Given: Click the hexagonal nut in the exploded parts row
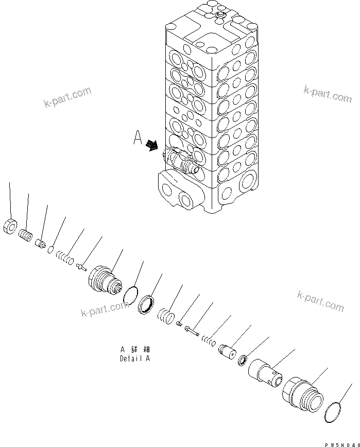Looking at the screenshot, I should tap(10, 226).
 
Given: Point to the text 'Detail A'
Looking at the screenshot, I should tap(135, 358).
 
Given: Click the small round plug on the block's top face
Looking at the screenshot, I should tap(220, 18).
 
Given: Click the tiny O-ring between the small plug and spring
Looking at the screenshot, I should tap(51, 250).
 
